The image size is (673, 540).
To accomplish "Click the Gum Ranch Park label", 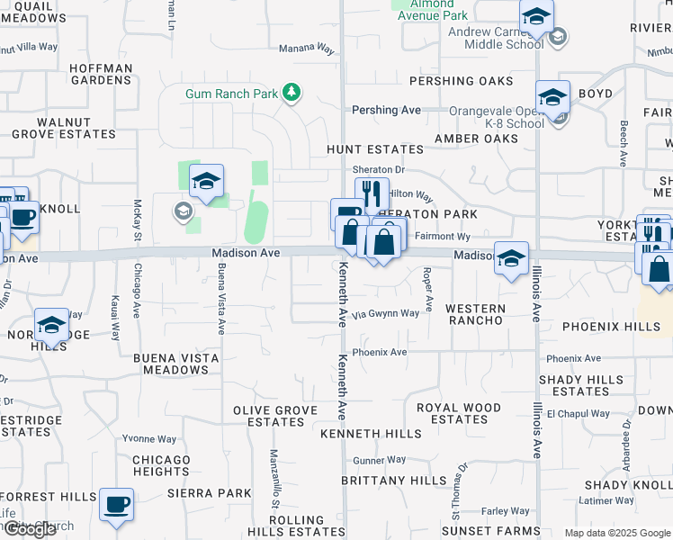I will pos(232,93).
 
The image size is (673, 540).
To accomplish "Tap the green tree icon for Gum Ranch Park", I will pos(292,92).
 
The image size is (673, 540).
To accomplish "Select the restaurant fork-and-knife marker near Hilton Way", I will pos(372,193).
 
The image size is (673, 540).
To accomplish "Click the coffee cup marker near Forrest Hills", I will pos(116,505).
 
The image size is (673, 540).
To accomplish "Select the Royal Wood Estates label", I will pos(459,413).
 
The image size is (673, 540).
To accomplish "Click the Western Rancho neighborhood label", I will pos(475,314).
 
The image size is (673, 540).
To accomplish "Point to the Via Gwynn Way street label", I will pos(385,314).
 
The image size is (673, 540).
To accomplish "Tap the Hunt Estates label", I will pos(375,149).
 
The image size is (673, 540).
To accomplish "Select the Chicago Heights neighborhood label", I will pos(161,465).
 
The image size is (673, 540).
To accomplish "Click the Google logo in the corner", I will pos(29,529).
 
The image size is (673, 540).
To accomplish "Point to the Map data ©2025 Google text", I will pos(616,533).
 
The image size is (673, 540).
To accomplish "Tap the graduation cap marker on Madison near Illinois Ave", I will pos(511,258).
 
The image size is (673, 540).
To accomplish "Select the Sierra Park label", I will pos(210,493).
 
